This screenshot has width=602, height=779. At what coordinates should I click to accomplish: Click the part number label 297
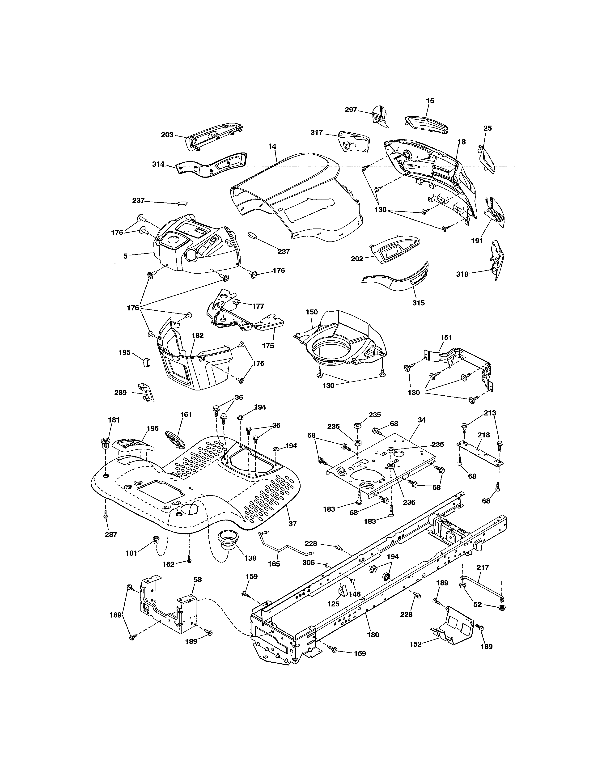(x=351, y=110)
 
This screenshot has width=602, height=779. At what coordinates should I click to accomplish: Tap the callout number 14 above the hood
(x=272, y=146)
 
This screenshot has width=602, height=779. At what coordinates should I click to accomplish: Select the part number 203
(x=167, y=135)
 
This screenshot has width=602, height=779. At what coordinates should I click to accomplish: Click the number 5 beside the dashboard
(x=126, y=256)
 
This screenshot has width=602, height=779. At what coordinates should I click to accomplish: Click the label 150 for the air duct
(x=311, y=312)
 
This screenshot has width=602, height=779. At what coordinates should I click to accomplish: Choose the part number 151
(x=446, y=337)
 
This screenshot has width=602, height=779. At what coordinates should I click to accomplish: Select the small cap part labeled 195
(x=145, y=362)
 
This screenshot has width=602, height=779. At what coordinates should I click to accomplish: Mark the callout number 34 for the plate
(x=422, y=420)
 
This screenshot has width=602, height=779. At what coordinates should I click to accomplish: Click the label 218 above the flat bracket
(x=483, y=435)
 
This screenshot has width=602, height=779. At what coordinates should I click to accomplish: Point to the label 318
(x=462, y=274)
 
